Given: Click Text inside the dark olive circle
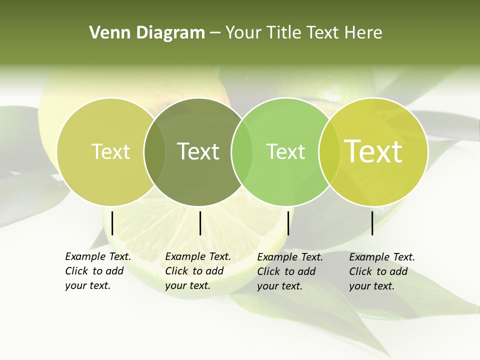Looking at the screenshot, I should (x=198, y=151).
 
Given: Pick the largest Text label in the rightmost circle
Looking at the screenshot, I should (x=373, y=151).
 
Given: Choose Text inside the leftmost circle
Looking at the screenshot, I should (x=111, y=151).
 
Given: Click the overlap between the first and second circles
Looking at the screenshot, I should (x=154, y=151).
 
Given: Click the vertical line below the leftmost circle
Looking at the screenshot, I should (x=112, y=223).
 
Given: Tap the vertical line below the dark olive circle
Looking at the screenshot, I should (x=200, y=223).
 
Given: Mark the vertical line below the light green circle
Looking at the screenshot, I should (x=288, y=223).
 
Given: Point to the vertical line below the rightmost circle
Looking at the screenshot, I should (x=372, y=223).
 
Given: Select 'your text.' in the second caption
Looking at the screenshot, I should (x=187, y=286).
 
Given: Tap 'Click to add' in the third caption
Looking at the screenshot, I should (x=286, y=271).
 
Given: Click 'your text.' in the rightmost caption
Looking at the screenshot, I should (x=371, y=286).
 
